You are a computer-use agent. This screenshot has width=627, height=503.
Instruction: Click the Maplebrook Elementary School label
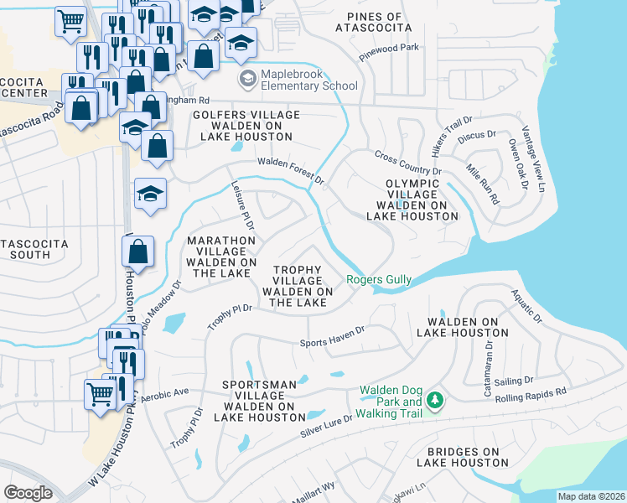pyautogui.click(x=309, y=80)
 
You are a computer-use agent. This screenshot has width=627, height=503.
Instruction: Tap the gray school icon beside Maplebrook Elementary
pyautogui.click(x=248, y=80)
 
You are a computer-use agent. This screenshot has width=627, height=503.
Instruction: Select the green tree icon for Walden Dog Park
pyautogui.click(x=434, y=402)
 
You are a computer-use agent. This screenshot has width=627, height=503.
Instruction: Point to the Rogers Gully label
pyautogui.click(x=378, y=279)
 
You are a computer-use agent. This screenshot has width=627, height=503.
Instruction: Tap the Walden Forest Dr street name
pyautogui.click(x=290, y=171)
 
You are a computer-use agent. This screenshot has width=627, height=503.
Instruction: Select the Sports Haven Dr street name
pyautogui.click(x=333, y=336)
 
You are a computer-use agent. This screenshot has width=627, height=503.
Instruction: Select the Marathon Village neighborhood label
pyautogui.click(x=220, y=257)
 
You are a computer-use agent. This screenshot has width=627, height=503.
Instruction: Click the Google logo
pyautogui.click(x=28, y=492)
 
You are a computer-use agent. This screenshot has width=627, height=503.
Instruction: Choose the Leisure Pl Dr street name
pyautogui.click(x=244, y=210)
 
